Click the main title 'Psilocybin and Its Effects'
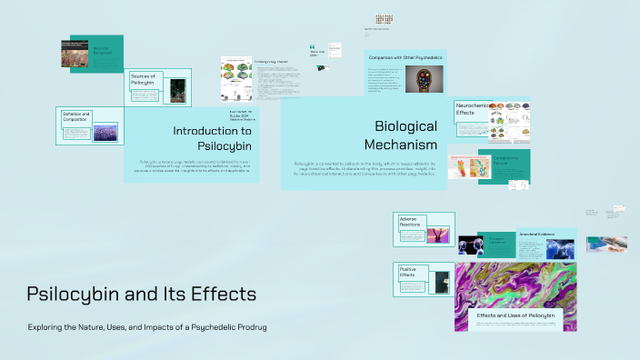pyautogui.click(x=141, y=295)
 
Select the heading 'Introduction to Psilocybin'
pyautogui.click(x=213, y=137)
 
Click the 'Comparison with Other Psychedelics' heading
pyautogui.click(x=405, y=57)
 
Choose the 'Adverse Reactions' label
pyautogui.click(x=410, y=224)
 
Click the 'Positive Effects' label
pyautogui.click(x=410, y=272)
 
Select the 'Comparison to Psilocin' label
pyautogui.click(x=512, y=160)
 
